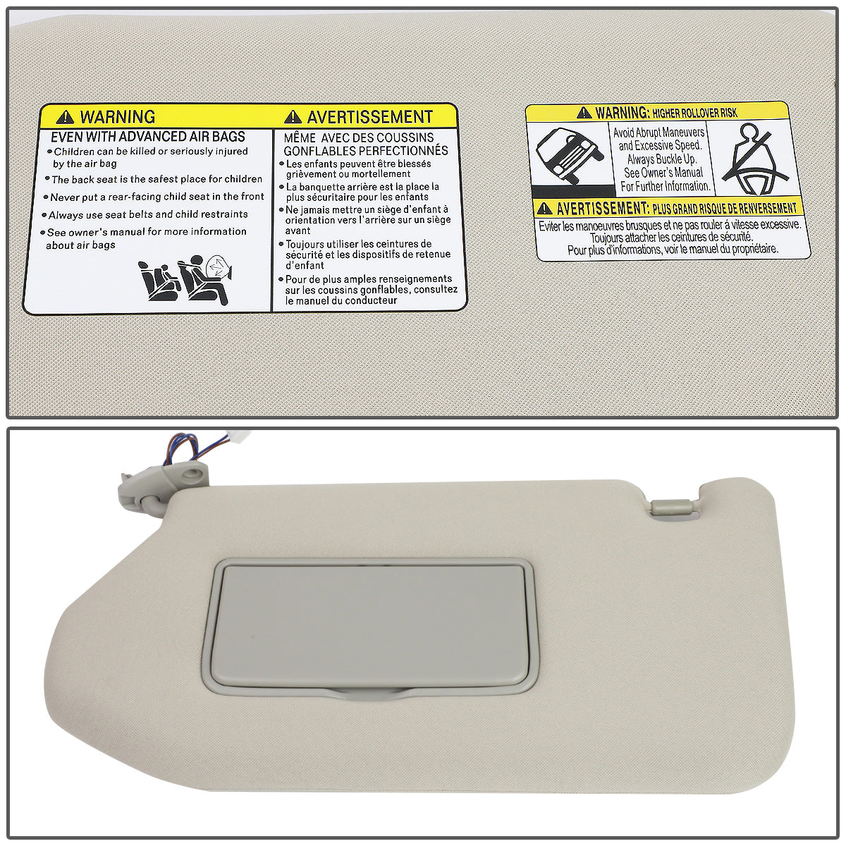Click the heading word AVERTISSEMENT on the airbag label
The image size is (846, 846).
tap(369, 117)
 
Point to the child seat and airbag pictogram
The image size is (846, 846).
tap(187, 279)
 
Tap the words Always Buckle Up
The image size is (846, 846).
tap(662, 159)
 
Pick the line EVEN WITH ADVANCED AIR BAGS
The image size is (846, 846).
tap(148, 137)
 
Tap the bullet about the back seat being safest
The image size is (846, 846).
tap(157, 180)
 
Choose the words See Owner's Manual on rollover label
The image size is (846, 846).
tap(662, 173)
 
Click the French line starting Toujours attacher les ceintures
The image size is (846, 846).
tap(672, 238)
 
